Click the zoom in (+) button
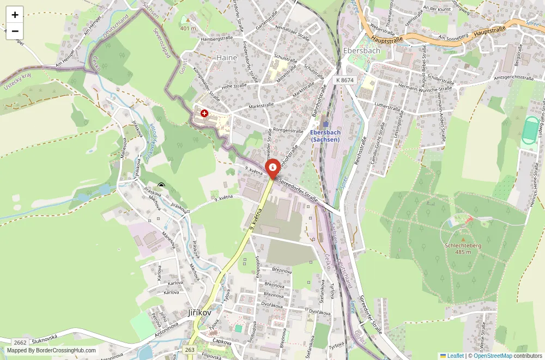pos(15,15)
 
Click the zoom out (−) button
pos(15,31)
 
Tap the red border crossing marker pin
pos(272,167)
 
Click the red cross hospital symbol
pos(204,113)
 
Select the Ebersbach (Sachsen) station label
pos(325,136)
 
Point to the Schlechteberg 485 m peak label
pos(463,248)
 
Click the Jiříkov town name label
pos(199,313)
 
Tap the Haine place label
pos(227,58)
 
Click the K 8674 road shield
pos(344,80)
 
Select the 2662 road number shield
pos(20,342)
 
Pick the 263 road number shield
pos(190,350)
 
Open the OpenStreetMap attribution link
pos(493,356)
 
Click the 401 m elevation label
pos(188,28)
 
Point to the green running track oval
pos(529,130)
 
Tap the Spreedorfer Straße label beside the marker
pos(299,190)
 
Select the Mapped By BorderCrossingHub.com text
pos(51,351)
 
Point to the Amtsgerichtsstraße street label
pos(513,78)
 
